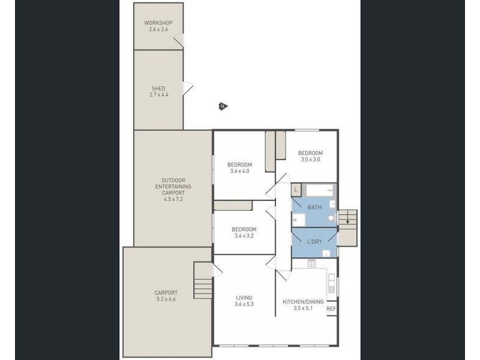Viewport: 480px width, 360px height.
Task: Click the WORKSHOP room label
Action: point(158,23)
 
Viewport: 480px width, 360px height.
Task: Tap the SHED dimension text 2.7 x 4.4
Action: point(159,95)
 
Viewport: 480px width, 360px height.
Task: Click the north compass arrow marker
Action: point(223,106)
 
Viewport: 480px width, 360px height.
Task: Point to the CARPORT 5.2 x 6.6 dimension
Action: point(166,299)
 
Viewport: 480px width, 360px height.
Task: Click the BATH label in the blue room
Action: point(314,207)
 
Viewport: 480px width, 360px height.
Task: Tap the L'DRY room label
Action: point(314,242)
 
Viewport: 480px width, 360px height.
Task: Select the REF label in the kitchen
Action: point(331,309)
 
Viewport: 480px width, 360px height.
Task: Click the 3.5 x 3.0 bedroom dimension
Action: point(310,160)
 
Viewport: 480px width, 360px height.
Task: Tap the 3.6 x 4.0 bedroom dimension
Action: point(239,171)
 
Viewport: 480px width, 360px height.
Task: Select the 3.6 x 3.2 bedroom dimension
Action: point(244,236)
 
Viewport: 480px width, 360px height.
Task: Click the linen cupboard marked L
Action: point(296,190)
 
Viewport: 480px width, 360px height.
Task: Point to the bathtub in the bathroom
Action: point(320,190)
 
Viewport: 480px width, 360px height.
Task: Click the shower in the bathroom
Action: point(298,220)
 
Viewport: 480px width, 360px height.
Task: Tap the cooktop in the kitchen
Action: point(311,263)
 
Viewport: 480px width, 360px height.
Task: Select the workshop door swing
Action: point(178,40)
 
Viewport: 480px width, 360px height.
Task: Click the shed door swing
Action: point(188,88)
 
